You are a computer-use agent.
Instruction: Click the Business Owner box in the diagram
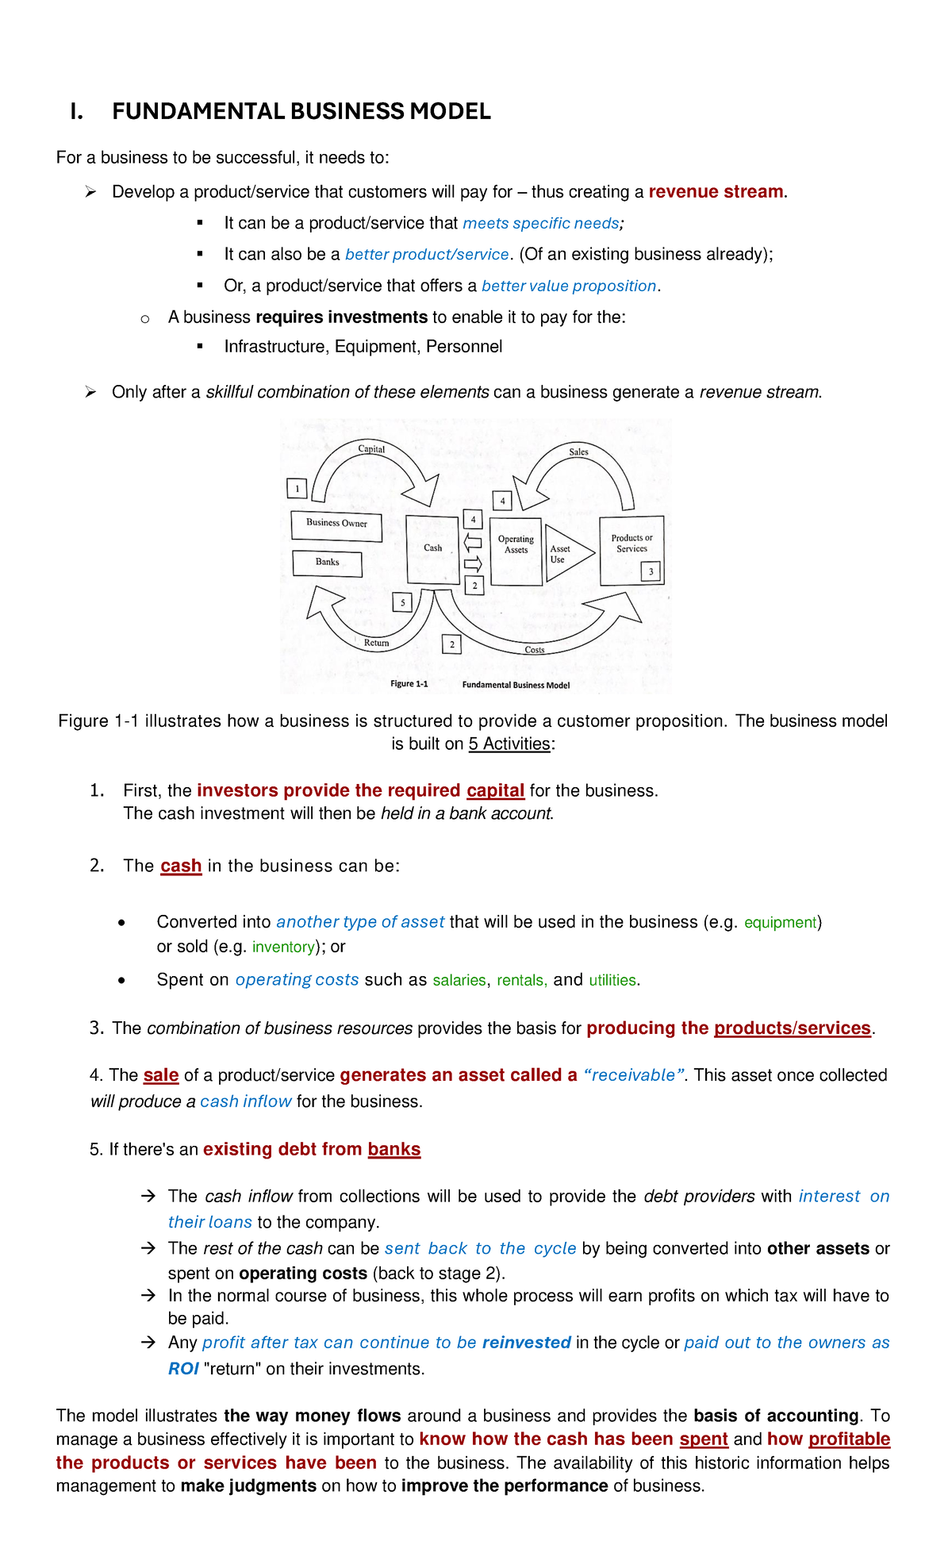point(336,525)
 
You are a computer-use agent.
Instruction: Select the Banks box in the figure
point(328,563)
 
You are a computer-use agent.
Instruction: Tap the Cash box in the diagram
point(433,549)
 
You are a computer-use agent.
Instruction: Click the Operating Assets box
point(516,551)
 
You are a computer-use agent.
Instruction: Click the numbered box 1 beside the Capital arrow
point(297,488)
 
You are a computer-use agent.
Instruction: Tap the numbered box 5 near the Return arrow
point(403,602)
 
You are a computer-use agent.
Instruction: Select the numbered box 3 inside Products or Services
point(651,571)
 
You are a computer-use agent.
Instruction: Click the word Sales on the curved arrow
point(578,452)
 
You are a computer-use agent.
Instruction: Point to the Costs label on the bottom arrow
point(535,650)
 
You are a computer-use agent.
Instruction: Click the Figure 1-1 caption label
point(409,683)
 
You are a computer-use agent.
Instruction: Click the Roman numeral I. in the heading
point(76,111)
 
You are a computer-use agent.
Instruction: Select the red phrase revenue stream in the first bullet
point(716,192)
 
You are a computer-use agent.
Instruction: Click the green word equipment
point(780,922)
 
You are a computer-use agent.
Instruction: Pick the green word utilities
point(612,980)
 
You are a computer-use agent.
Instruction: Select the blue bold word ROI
point(183,1369)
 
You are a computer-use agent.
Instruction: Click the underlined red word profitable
point(849,1439)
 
